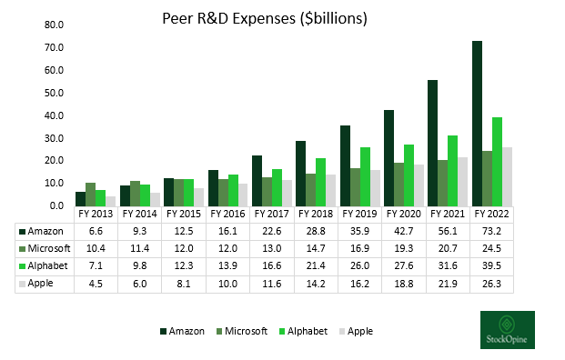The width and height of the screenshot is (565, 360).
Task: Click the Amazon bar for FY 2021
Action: click(x=432, y=142)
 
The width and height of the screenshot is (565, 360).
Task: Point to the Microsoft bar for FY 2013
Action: click(x=89, y=194)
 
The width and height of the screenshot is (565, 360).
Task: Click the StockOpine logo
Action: click(x=507, y=329)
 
